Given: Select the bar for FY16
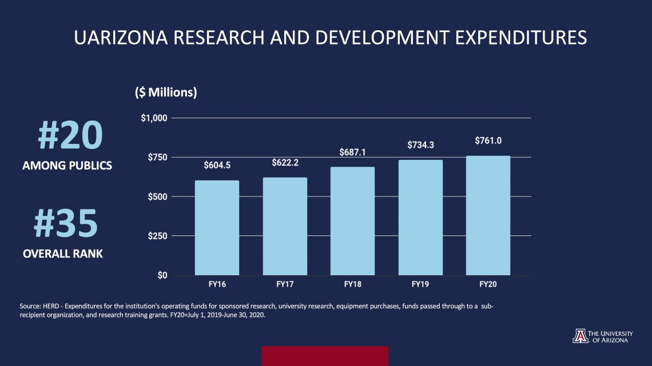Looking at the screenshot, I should click(x=217, y=228).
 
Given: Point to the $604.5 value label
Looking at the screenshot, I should click(x=217, y=166).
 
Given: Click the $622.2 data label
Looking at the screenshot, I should click(x=285, y=163).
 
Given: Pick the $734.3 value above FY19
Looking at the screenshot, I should click(x=420, y=146).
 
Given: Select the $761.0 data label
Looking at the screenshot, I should click(x=488, y=140).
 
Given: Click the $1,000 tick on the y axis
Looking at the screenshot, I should click(x=153, y=118).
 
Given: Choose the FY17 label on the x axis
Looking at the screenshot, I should click(x=285, y=284).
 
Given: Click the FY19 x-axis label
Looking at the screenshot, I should click(x=420, y=284).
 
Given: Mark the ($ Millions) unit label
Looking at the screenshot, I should click(x=166, y=93).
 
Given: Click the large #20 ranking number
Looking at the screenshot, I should click(x=70, y=135).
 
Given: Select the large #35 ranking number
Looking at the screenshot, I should click(x=66, y=224).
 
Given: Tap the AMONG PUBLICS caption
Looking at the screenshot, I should click(x=67, y=166).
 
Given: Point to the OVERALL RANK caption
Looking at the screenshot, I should click(x=63, y=254).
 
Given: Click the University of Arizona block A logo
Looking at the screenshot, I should click(x=579, y=336).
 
